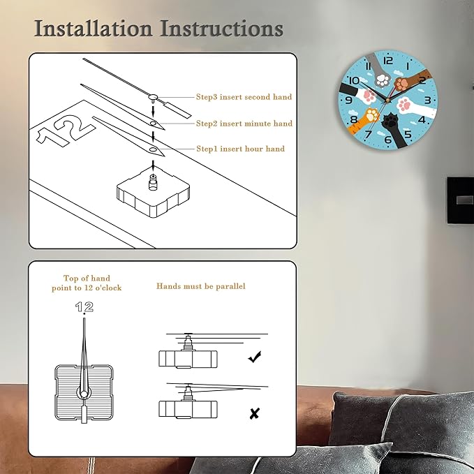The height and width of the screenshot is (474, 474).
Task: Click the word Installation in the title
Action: coord(93,29)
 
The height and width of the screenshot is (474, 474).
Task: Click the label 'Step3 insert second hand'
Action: coord(244,97)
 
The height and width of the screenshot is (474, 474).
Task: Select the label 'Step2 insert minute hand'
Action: coord(244,124)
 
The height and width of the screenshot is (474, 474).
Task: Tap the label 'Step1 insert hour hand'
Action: coord(241,149)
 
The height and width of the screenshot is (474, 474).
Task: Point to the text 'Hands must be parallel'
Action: coord(201,286)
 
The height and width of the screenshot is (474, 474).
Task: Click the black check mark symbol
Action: coord(255,357)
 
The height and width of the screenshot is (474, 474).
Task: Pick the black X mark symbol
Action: coord(255,413)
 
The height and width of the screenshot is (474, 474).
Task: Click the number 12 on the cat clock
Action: coord(388,61)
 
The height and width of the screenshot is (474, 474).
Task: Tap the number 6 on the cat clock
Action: coord(388,140)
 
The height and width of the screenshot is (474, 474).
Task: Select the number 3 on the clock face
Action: coord(427,100)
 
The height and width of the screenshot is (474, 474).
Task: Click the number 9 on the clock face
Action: coord(348,100)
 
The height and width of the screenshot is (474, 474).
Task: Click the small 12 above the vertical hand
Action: coord(84,307)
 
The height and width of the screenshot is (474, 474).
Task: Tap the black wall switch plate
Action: coord(461,201)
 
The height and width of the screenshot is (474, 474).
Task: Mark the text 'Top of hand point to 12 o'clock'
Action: coord(87,283)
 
